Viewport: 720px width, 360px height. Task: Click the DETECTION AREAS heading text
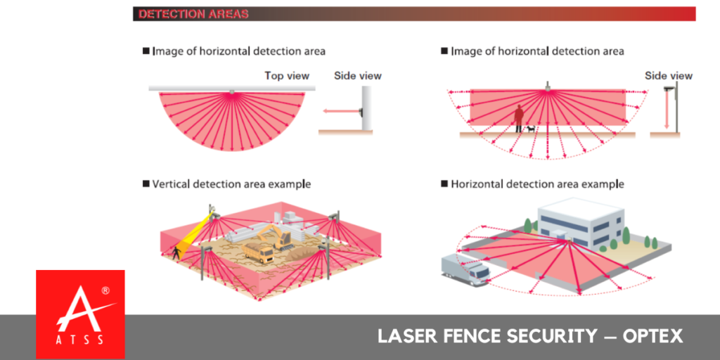pos(193,14)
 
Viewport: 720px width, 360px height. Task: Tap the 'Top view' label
pos(287,75)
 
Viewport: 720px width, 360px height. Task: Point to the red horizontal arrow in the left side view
pos(340,110)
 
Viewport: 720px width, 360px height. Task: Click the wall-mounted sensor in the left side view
pos(361,110)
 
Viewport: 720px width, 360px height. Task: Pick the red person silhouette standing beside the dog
pos(519,118)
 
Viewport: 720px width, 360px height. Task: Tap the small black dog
pos(530,129)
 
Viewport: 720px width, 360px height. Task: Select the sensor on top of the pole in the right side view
pos(669,88)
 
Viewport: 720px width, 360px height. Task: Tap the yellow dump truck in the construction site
pos(259,252)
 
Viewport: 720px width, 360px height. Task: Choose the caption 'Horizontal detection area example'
pos(537,184)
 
